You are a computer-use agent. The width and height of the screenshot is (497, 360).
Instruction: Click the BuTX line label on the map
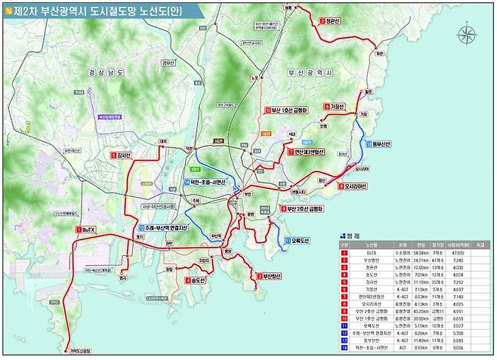point(87,229)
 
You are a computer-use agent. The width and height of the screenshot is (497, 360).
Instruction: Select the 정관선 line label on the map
point(331,21)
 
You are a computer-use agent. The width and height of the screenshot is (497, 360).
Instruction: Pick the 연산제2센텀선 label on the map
point(306,152)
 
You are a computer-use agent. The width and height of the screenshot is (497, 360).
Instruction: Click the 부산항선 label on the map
point(267,276)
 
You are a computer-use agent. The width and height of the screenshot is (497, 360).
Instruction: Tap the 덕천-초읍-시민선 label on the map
point(208,183)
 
